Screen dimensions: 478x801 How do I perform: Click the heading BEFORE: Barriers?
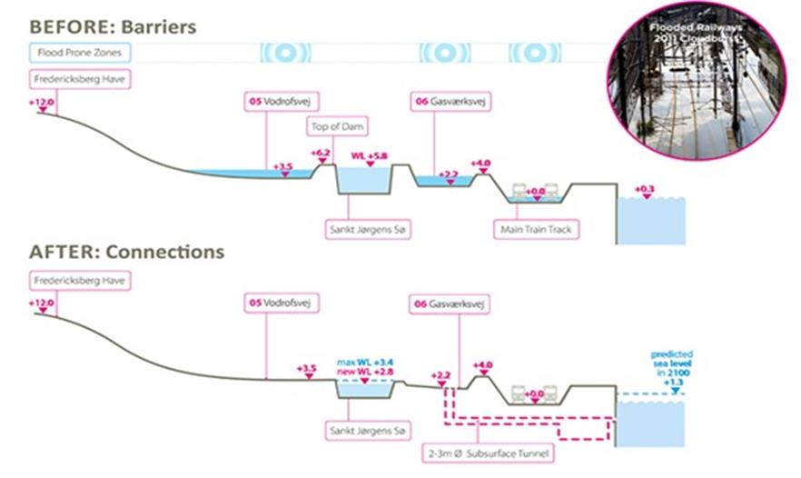pos(113,25)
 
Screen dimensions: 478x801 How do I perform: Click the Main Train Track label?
pos(536,230)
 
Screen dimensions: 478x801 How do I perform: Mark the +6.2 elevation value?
pos(321,153)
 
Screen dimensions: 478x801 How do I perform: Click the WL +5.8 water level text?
pos(369,156)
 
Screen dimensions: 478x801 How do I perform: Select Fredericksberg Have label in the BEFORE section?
pos(80,79)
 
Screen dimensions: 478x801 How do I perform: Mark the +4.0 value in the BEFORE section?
pos(480,164)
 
